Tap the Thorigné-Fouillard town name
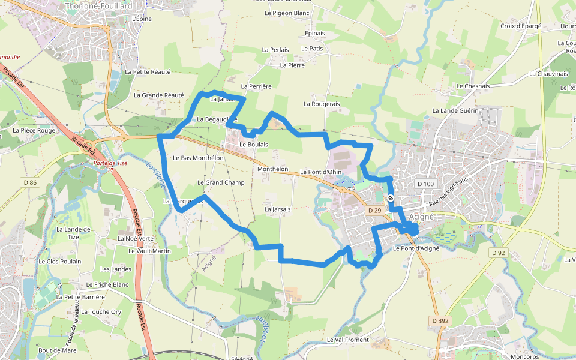click(x=98, y=5)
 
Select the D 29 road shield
click(x=375, y=210)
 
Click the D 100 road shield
click(x=425, y=184)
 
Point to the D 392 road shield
click(x=440, y=321)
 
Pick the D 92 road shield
click(x=498, y=253)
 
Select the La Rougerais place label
click(x=322, y=104)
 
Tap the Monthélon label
click(x=272, y=169)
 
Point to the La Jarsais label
click(x=277, y=209)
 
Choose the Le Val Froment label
click(x=348, y=340)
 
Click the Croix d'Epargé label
click(x=521, y=26)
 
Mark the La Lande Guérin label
click(x=455, y=111)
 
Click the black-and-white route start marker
click(x=391, y=198)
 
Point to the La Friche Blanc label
click(x=107, y=284)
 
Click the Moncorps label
click(x=521, y=356)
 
